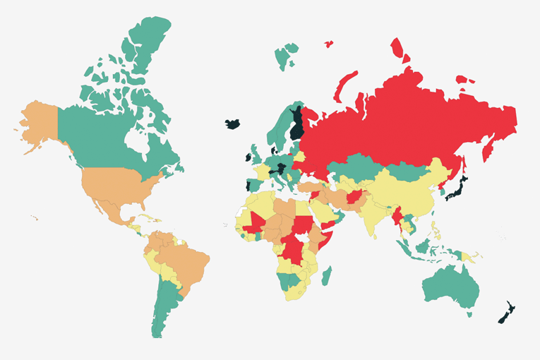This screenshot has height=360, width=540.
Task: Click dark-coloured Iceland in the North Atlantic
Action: [232, 124]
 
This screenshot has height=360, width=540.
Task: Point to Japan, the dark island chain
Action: [460, 186]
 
